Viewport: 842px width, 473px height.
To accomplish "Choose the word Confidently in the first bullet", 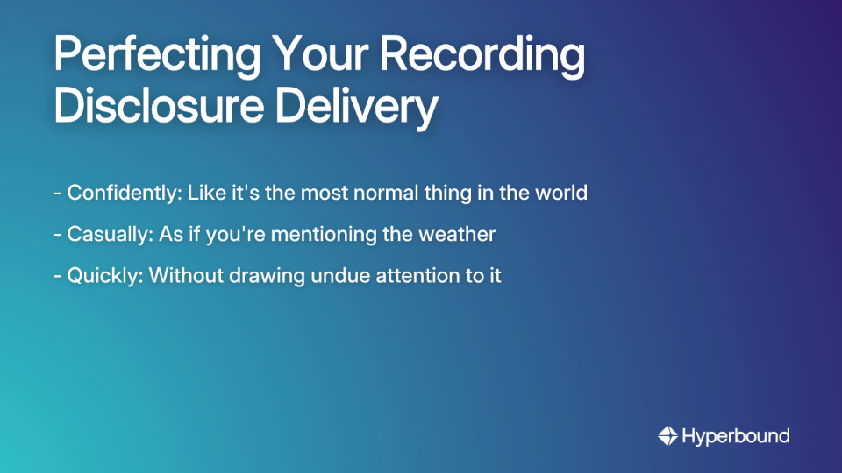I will point(122,193).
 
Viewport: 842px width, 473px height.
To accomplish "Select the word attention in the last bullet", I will point(393,275).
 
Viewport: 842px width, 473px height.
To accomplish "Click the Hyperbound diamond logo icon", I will point(667,435).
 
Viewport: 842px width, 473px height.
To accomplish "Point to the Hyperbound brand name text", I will point(736,435).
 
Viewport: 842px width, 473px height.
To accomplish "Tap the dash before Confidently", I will point(57,194).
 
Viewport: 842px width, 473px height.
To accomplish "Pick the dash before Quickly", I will point(57,276).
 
